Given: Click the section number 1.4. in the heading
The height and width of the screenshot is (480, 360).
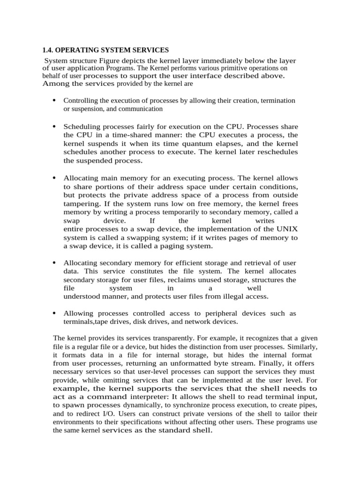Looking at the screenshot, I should click(48, 50).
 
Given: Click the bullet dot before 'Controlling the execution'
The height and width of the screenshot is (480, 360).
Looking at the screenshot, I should click(54, 100).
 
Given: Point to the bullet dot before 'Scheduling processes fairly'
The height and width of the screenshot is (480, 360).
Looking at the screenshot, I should click(54, 127).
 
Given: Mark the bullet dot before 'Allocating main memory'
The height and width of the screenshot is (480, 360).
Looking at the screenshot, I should click(54, 178).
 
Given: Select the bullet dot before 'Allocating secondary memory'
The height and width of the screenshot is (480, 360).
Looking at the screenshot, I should click(54, 262).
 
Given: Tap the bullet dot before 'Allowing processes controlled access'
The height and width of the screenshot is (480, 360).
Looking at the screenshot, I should click(54, 313).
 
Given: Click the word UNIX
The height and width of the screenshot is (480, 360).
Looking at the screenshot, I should click(287, 229).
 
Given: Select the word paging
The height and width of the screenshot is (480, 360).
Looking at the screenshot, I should click(165, 246).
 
